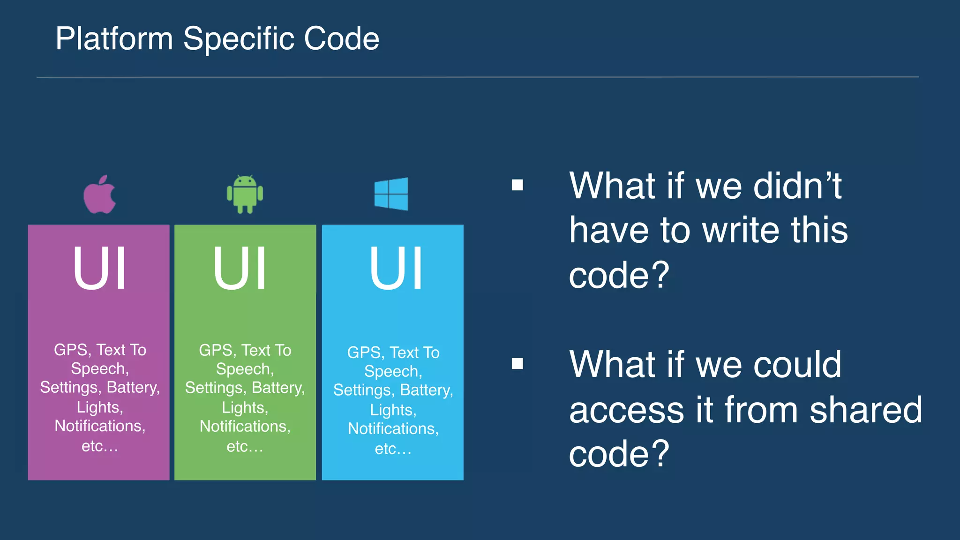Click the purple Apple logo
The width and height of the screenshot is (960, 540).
[99, 195]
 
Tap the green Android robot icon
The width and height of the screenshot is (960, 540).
[245, 194]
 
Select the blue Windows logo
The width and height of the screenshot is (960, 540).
[391, 194]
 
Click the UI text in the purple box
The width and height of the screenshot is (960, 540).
[99, 269]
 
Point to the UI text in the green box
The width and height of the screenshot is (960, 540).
[240, 269]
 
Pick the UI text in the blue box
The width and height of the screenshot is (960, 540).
[396, 269]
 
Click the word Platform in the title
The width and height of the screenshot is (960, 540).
[114, 38]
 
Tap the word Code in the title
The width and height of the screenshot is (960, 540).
[341, 38]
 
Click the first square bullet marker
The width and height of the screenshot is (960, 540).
[517, 185]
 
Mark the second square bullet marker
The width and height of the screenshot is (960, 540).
[517, 363]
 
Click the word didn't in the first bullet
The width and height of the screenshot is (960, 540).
[797, 186]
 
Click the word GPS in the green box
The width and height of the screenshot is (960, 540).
[215, 350]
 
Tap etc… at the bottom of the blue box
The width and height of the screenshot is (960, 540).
[393, 449]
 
